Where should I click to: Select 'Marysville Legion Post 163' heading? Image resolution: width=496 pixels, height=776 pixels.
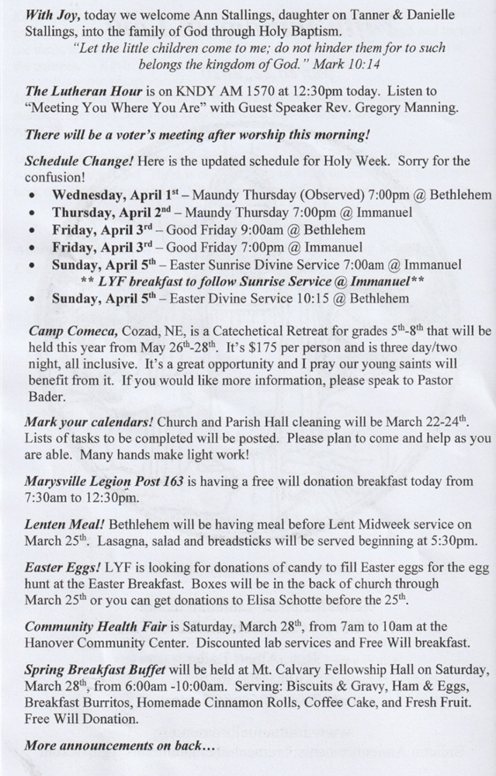click(x=103, y=481)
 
